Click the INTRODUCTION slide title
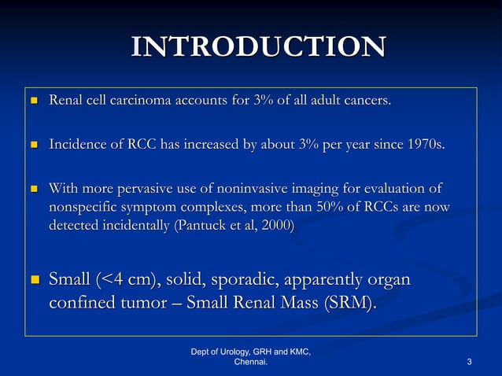[x=258, y=47]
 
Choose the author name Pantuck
[x=204, y=225]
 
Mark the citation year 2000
[x=276, y=225]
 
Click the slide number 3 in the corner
[x=469, y=362]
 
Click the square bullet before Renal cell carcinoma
[x=33, y=101]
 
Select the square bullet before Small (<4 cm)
[x=33, y=281]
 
